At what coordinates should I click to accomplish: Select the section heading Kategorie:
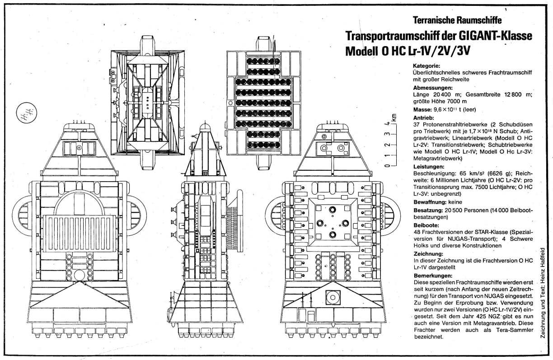pos(426,66)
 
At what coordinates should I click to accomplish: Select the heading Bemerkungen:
pos(433,276)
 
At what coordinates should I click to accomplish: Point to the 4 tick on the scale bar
pos(387,123)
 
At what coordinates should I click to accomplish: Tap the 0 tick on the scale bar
pos(387,166)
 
